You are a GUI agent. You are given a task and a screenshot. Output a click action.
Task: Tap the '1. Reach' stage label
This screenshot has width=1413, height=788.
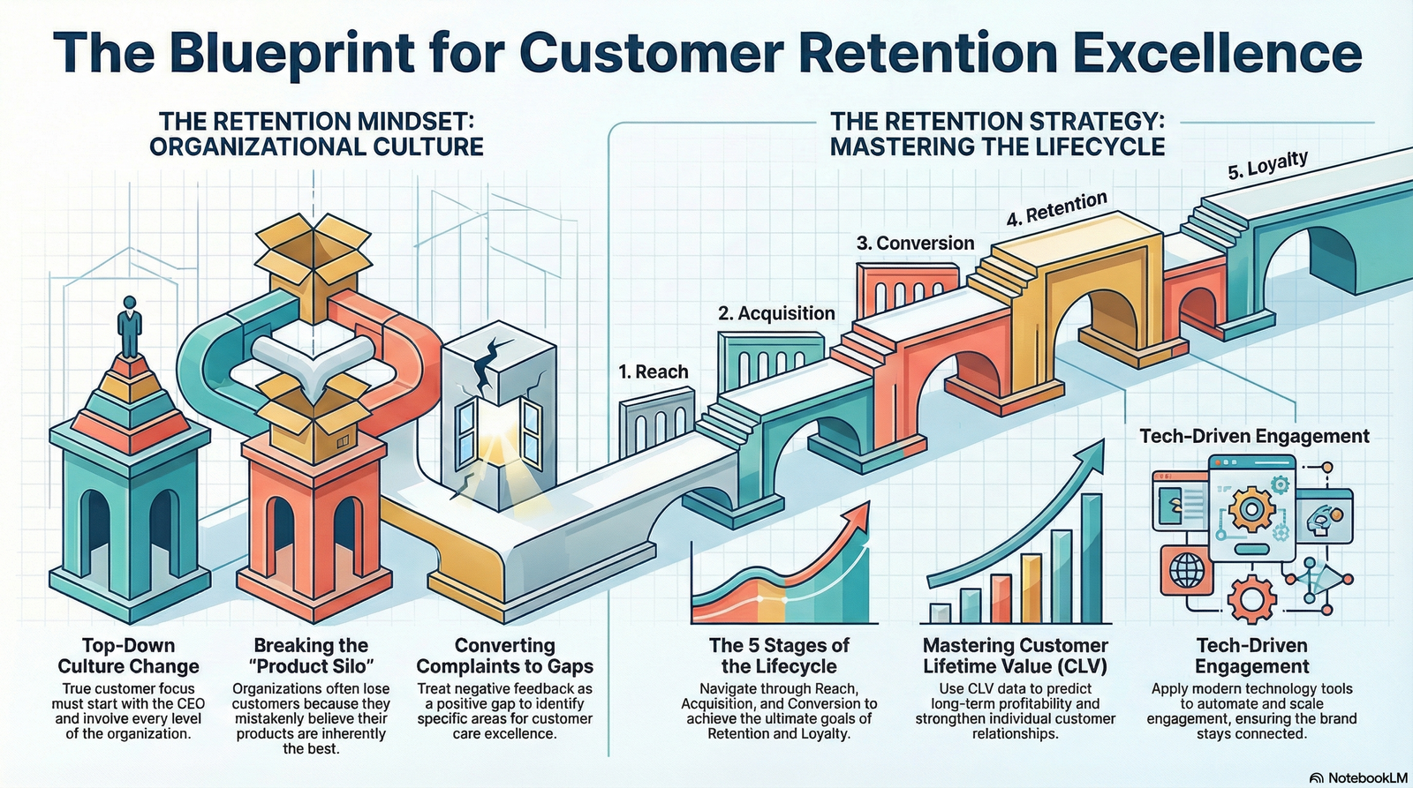pos(653,371)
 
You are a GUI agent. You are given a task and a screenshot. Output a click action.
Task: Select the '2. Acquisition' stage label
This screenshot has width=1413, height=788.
pos(776,313)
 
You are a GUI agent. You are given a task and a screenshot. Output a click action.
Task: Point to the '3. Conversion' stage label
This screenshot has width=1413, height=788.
pos(915,244)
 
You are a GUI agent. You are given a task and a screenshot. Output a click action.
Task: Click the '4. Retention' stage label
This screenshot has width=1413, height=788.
pos(1056,208)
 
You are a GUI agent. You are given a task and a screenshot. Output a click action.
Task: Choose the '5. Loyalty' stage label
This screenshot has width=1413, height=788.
pos(1267,165)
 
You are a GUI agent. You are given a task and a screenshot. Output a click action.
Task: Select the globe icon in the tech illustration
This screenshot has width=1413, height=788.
pos(1186,570)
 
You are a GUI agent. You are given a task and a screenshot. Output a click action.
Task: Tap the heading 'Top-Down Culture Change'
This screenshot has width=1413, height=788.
pos(129,656)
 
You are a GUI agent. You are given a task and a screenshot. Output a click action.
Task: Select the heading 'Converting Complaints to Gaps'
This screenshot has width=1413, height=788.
pos(504,656)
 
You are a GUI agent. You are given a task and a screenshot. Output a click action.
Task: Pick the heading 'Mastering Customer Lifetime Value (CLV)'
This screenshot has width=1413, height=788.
pos(1015,656)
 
